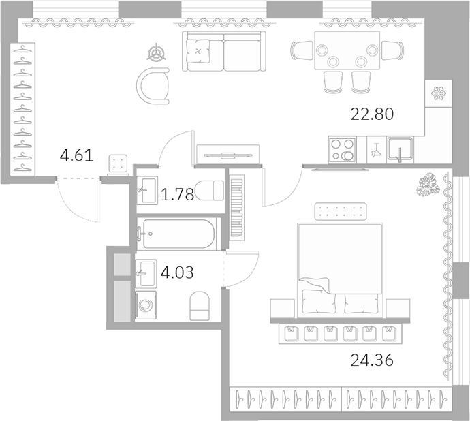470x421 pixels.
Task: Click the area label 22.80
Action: (x=373, y=114)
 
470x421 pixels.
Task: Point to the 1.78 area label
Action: (x=177, y=196)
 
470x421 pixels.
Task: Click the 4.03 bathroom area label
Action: (x=177, y=274)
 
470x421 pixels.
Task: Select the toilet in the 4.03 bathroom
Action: (x=200, y=306)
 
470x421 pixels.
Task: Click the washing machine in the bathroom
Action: (x=146, y=306)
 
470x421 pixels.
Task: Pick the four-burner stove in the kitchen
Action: (x=342, y=149)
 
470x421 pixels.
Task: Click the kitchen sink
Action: (x=400, y=149)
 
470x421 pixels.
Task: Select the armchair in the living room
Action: (x=154, y=85)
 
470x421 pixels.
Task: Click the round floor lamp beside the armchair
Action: (x=158, y=52)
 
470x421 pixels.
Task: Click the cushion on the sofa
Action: (x=199, y=51)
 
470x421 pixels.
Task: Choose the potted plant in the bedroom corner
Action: (x=429, y=184)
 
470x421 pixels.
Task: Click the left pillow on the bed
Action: (x=316, y=300)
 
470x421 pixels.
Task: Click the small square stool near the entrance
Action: (x=120, y=164)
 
